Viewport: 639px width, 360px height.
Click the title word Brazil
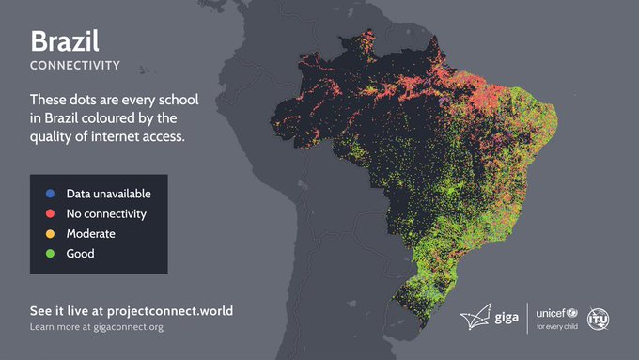pos(65,41)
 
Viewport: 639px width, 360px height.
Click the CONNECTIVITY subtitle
pos(75,66)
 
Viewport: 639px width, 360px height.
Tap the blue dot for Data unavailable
pos(49,195)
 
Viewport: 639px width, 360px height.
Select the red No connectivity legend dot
pos(49,214)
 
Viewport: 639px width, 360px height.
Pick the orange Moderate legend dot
pos(49,234)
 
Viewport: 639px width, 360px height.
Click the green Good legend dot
pos(49,254)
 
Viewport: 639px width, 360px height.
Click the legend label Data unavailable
pos(108,195)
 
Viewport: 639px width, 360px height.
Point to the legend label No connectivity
pos(106,214)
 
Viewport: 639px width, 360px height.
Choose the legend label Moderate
pos(90,234)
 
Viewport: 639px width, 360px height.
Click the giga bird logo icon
pos(475,318)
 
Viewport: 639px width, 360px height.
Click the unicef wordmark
pos(554,312)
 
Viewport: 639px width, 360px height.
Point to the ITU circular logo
pos(599,320)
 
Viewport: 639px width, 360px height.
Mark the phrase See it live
pos(57,310)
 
